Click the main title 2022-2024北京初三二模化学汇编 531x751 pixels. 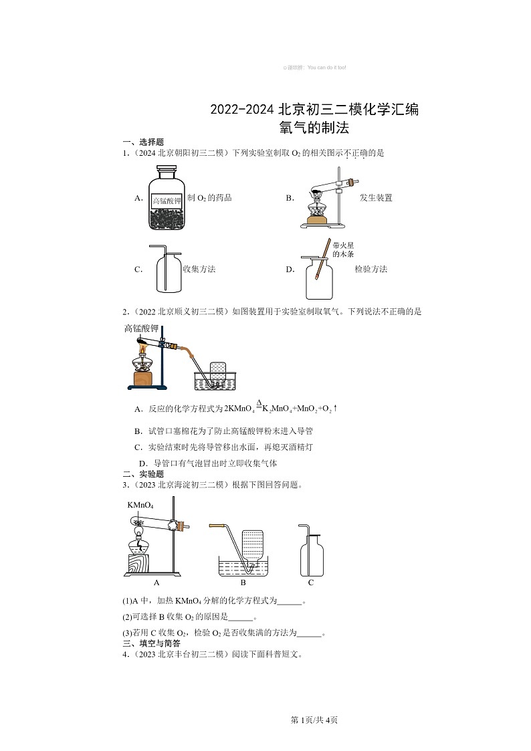click(x=314, y=110)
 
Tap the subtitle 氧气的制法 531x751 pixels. click(x=314, y=127)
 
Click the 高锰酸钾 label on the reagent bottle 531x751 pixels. click(x=167, y=200)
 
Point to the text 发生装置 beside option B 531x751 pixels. click(x=376, y=198)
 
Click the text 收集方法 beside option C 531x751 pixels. click(x=199, y=270)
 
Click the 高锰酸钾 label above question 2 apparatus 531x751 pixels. click(x=141, y=328)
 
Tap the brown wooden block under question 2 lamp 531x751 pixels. click(x=144, y=379)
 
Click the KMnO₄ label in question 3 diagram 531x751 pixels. click(x=140, y=505)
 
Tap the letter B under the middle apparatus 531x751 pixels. click(x=243, y=582)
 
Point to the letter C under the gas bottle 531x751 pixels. click(x=311, y=582)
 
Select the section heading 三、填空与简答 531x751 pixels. click(x=151, y=643)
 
